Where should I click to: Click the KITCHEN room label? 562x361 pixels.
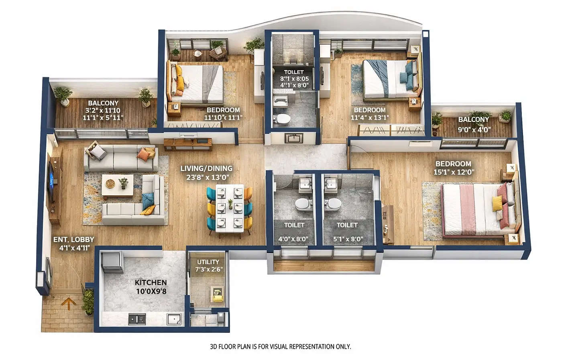[151, 283]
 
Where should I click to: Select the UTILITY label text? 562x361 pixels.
[208, 262]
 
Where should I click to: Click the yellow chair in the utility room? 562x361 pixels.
[217, 294]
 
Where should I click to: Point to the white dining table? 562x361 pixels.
[229, 208]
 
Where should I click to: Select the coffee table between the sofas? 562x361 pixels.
[117, 186]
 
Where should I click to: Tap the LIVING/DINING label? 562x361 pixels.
[206, 169]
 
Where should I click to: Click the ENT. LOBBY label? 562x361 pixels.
[73, 240]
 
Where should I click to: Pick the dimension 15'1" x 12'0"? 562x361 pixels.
[454, 172]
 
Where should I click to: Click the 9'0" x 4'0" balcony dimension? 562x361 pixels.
[474, 129]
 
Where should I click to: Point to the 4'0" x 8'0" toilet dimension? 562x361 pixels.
[293, 239]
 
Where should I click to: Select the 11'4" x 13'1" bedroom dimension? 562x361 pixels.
[369, 118]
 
